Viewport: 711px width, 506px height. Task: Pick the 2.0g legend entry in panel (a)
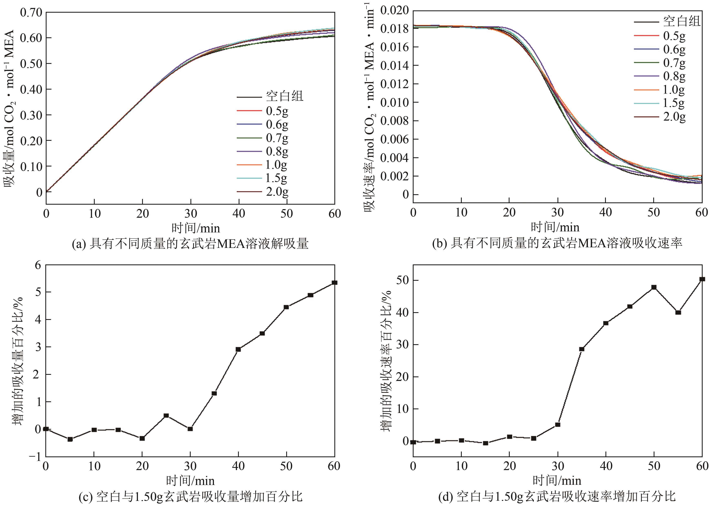pos(277,191)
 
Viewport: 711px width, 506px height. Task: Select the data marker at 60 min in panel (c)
pos(334,283)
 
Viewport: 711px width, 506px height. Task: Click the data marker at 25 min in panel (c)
pos(166,415)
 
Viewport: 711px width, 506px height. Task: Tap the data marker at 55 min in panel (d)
pos(678,312)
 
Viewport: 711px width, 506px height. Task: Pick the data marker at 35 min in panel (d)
pos(582,349)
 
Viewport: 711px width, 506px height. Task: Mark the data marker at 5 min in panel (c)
pos(70,439)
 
